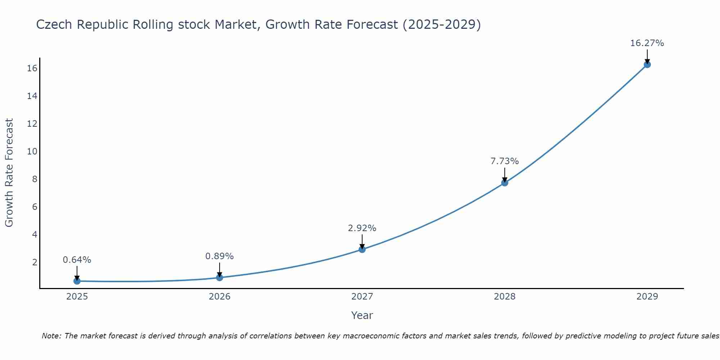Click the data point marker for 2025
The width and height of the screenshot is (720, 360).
pyautogui.click(x=77, y=281)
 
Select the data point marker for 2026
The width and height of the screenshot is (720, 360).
pyautogui.click(x=220, y=278)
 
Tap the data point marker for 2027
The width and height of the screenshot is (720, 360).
pyautogui.click(x=362, y=249)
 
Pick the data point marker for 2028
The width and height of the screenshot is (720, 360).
pyautogui.click(x=505, y=183)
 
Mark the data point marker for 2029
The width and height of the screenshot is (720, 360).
pyautogui.click(x=647, y=65)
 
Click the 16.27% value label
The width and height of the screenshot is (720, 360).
pyautogui.click(x=647, y=43)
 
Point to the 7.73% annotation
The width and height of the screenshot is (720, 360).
pyautogui.click(x=505, y=161)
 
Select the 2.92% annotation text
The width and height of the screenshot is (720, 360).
pyautogui.click(x=362, y=228)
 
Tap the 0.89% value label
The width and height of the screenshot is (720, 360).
pyautogui.click(x=220, y=256)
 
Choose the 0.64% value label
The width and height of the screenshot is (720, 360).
pyautogui.click(x=77, y=260)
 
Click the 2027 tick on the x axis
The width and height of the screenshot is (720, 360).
pyautogui.click(x=362, y=297)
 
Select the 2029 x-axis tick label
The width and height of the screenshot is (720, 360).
pyautogui.click(x=647, y=297)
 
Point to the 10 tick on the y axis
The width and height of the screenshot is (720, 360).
pyautogui.click(x=32, y=151)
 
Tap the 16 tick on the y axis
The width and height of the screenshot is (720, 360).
pyautogui.click(x=32, y=68)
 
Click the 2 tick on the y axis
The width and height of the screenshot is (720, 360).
pyautogui.click(x=35, y=262)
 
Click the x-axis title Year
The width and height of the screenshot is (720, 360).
pyautogui.click(x=362, y=315)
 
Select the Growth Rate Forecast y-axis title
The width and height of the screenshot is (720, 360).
pyautogui.click(x=9, y=173)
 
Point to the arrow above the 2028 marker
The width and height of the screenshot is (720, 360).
pyautogui.click(x=505, y=175)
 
